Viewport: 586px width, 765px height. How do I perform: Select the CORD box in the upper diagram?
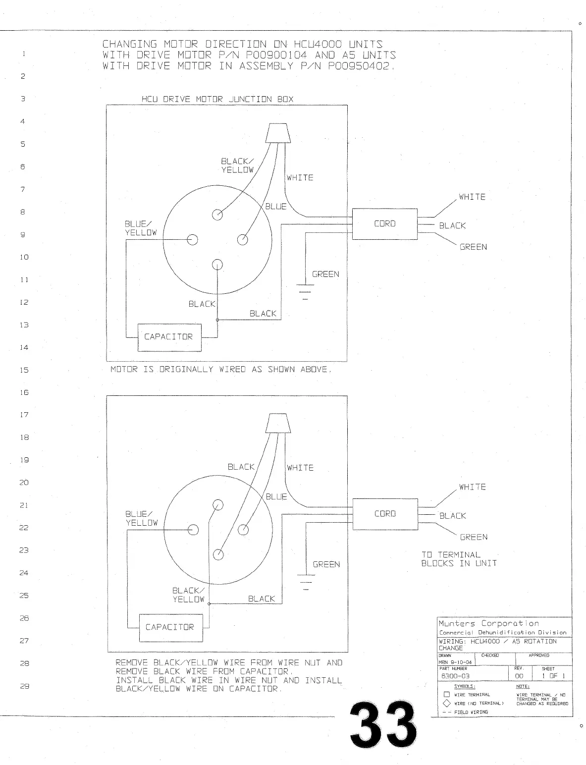pos(384,224)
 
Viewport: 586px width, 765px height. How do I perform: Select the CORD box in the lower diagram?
pos(385,514)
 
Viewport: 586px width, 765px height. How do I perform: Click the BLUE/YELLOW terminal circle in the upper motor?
pos(192,240)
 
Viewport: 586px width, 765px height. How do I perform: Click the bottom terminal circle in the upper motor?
pos(217,265)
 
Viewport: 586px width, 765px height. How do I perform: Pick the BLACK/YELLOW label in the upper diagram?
pos(237,165)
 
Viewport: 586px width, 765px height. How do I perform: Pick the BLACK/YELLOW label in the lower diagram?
pos(188,595)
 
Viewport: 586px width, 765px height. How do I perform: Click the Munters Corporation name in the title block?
pos(488,623)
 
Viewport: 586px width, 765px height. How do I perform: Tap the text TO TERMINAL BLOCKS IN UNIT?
pos(459,559)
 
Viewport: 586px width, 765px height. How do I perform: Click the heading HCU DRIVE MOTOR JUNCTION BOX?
pos(217,99)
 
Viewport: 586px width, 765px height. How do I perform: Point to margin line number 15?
pos(24,370)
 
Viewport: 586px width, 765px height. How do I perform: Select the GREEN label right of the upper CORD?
pos(473,247)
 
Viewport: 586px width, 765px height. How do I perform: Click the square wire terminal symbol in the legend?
pos(446,695)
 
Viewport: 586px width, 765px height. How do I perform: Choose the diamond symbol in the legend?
pos(446,703)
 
